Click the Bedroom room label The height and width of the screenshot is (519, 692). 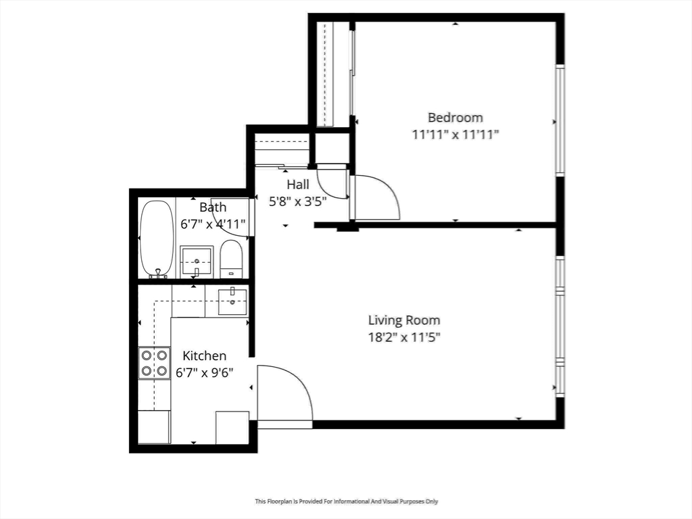455,118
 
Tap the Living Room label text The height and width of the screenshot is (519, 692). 404,320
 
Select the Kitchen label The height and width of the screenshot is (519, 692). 204,355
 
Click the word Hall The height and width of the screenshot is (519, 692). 298,184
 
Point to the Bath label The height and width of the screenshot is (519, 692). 213,207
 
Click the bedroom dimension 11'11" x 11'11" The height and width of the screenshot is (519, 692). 455,134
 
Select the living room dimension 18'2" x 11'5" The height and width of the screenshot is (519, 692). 405,338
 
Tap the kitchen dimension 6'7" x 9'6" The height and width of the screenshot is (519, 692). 204,373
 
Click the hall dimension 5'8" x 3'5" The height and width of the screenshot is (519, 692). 298,202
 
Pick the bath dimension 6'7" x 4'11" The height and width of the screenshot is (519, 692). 213,224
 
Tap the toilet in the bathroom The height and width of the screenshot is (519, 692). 231,259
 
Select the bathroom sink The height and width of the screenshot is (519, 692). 197,262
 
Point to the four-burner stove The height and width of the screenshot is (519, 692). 155,363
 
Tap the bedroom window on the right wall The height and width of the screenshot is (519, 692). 560,120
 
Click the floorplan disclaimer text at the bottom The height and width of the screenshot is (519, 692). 347,501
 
